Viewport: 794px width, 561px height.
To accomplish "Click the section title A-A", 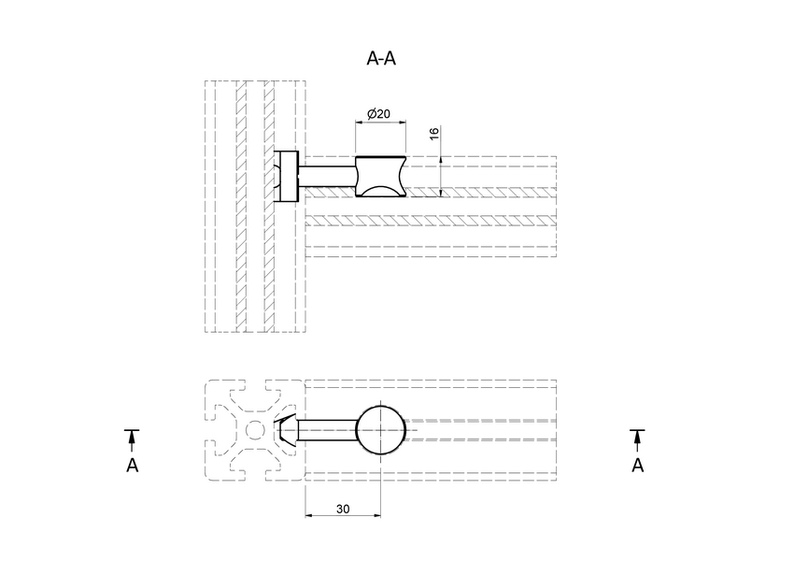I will click(381, 58).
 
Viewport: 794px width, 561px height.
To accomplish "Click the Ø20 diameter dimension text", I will click(378, 114).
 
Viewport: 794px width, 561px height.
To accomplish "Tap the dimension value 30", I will click(343, 508).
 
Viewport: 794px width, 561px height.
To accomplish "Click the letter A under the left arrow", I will click(132, 465).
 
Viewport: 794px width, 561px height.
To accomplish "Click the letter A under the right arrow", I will click(637, 465).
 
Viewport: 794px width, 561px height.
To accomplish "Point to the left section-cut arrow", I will click(132, 438).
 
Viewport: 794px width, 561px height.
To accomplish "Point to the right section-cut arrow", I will click(637, 438).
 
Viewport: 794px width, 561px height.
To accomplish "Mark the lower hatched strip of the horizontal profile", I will click(430, 222).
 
